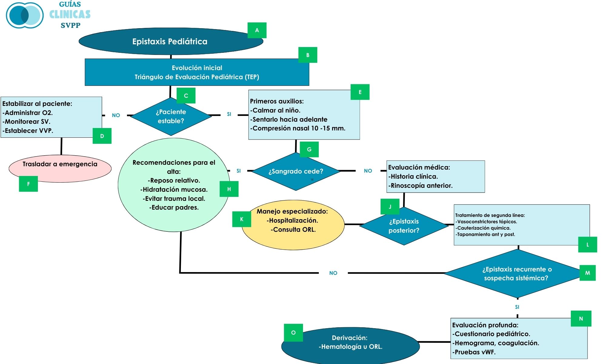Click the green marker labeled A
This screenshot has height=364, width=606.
coord(257,30)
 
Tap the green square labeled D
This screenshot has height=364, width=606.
coord(102,136)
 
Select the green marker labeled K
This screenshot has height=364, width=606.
coord(241,219)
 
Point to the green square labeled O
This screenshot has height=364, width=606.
coord(293,333)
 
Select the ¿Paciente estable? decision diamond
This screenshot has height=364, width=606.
coord(171,116)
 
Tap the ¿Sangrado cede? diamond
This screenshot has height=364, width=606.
coord(296,171)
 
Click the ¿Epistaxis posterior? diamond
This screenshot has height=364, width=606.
coord(404,226)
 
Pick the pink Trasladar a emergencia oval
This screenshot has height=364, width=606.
coord(60,169)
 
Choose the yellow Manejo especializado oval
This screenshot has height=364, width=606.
coord(293,225)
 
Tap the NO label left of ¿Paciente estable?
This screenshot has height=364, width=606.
coord(116,115)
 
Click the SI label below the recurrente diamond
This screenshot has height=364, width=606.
coord(517,307)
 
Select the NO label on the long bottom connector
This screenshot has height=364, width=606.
coord(333,273)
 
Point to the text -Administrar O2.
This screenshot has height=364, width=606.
coord(28,113)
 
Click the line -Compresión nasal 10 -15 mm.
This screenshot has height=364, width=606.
coord(298,128)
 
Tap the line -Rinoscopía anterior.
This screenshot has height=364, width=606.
coord(420,186)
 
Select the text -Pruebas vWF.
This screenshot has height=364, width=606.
coord(474,352)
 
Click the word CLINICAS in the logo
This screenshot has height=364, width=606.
coord(70,14)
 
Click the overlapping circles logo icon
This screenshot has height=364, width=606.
coord(25,15)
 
